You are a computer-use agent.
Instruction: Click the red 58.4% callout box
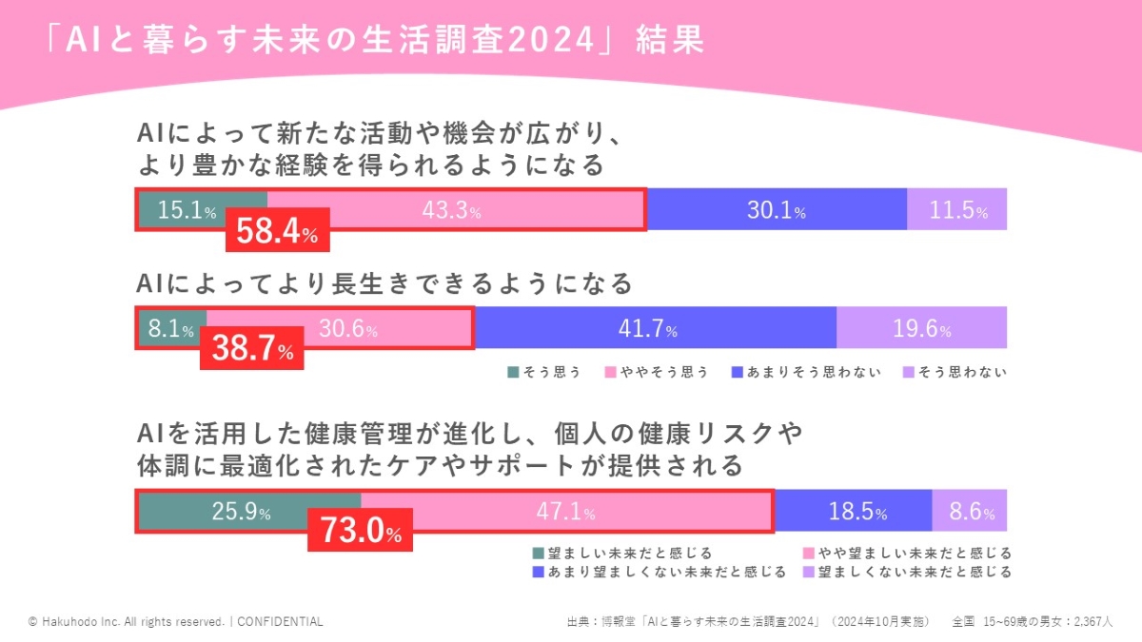click(x=277, y=232)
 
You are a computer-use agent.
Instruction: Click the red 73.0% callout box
click(x=360, y=531)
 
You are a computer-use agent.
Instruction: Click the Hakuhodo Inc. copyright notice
click(x=176, y=621)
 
